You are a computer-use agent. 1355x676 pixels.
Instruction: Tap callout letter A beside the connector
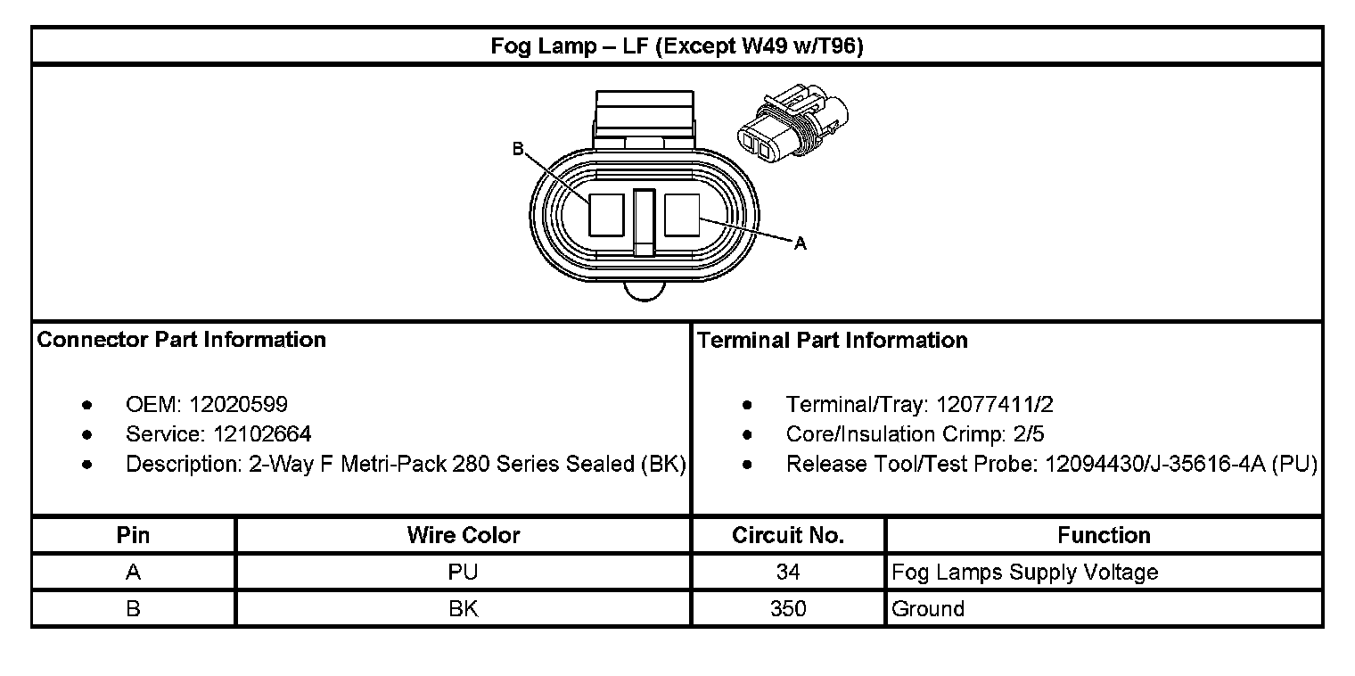(801, 243)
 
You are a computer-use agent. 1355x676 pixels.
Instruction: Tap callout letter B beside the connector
(518, 149)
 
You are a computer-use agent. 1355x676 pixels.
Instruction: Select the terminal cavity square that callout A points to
(682, 215)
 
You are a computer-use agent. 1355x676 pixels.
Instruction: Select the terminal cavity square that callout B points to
(606, 215)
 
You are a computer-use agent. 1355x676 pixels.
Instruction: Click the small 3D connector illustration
(792, 123)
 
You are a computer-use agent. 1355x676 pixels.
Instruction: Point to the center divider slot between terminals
(645, 223)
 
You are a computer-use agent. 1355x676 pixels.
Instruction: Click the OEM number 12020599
(238, 404)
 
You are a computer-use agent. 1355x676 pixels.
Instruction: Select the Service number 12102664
(262, 434)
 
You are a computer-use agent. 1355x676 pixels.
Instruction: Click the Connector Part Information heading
(182, 340)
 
